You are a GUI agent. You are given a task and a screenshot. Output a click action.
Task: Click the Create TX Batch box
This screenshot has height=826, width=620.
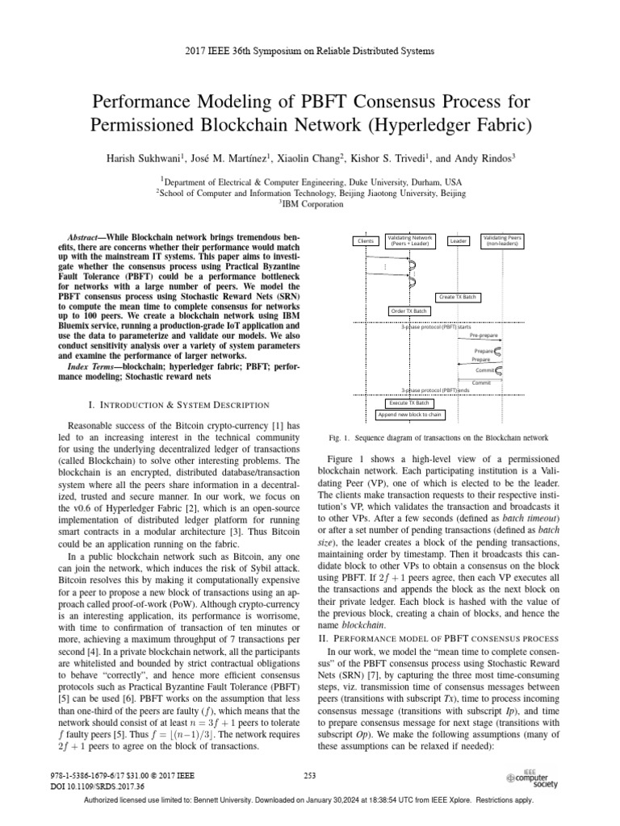click(x=458, y=297)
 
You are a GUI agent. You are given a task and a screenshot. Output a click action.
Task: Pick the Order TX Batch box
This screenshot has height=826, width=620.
click(x=409, y=311)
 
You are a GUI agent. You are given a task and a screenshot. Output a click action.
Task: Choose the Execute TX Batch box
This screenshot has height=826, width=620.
click(x=409, y=403)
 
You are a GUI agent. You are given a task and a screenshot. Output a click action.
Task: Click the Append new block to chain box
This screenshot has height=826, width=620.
click(x=410, y=415)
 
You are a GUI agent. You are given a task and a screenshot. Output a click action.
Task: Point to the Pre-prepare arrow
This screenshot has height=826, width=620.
click(x=482, y=339)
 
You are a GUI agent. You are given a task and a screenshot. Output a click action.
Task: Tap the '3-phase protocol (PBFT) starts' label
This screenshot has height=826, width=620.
click(x=436, y=326)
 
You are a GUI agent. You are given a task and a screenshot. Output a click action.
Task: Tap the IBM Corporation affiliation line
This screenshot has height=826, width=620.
click(x=310, y=205)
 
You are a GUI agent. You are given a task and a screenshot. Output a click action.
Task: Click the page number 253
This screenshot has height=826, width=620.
click(x=309, y=775)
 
